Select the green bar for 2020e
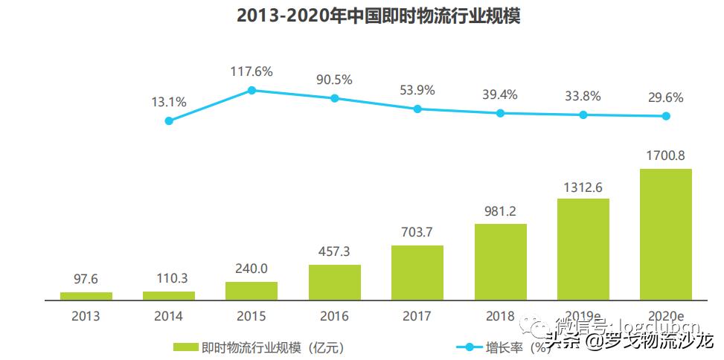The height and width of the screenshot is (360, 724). point(666,234)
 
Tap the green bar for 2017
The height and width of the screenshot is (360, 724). point(417,272)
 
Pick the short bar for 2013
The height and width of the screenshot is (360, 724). point(86,295)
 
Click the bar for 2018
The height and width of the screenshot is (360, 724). point(501,261)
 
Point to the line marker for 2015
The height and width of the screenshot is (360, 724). point(252,90)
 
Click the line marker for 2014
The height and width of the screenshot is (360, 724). point(169,120)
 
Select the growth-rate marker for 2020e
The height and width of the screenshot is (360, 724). point(666,115)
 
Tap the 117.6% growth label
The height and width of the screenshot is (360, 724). point(252,71)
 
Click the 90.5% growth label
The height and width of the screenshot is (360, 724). point(334,80)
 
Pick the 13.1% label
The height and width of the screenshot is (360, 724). point(168,102)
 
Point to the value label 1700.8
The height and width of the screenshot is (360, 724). point(666,157)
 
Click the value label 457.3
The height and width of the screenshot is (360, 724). point(334,253)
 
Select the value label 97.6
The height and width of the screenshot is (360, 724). point(86,280)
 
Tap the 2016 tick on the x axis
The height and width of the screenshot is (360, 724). point(334,315)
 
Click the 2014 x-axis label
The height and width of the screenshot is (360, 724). point(168,315)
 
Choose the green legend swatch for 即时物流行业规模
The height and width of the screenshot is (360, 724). point(185,347)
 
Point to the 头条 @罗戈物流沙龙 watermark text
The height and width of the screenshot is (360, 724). point(629,341)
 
